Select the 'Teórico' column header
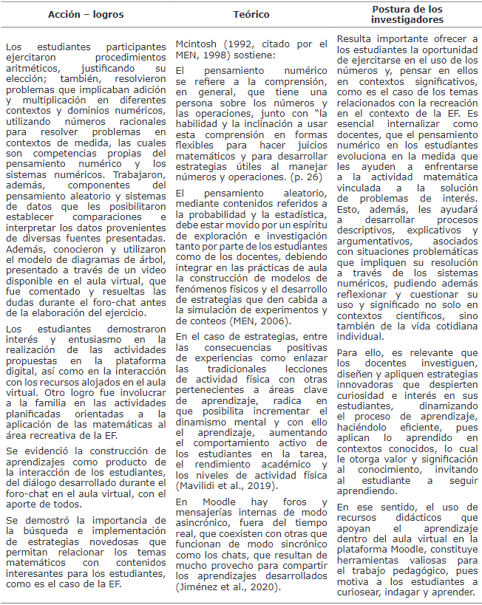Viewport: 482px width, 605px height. tap(251, 14)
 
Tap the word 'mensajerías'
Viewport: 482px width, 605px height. tap(211, 513)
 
